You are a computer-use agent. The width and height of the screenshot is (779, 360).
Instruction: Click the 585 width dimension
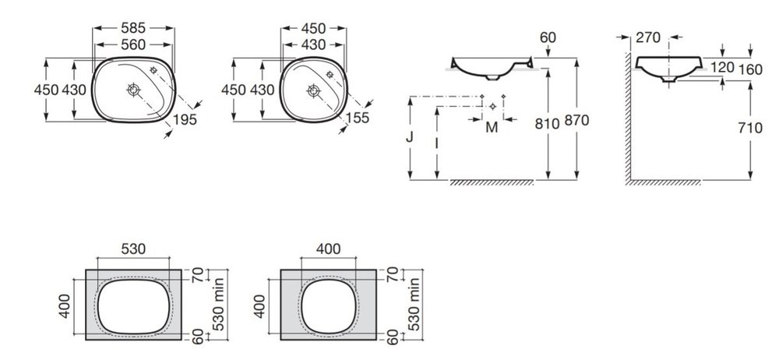coord(133,28)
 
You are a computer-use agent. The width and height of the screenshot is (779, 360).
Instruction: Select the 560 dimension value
coord(133,44)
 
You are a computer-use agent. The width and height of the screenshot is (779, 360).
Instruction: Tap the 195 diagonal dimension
coord(185,119)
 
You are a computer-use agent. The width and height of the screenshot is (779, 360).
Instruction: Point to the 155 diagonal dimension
coord(358,118)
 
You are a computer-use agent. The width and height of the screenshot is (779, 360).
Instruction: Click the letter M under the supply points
coord(492,128)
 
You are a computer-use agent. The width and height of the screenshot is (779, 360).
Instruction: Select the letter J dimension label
coord(410,136)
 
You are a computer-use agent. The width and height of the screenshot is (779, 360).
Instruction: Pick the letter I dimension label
coord(437,143)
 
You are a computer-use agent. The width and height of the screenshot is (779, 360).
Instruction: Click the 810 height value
coord(547,123)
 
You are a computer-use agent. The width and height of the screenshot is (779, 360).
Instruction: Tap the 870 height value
coord(576,120)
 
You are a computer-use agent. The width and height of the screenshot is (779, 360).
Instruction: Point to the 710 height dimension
coord(750,129)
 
